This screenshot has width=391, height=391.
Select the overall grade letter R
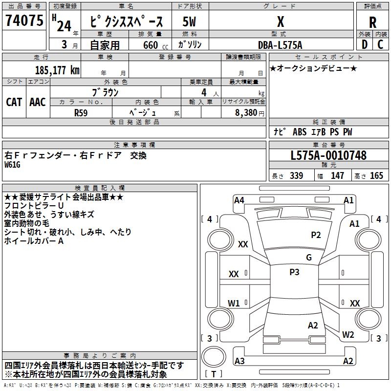[372, 22]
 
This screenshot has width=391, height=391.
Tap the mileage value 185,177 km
[57, 70]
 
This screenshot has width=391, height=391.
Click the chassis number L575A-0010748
[328, 156]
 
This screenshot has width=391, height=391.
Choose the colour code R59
[82, 112]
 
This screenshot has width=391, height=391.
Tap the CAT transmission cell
[14, 102]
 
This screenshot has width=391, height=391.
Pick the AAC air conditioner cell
[38, 102]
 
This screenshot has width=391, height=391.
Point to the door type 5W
[190, 22]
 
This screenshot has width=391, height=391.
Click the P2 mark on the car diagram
[316, 235]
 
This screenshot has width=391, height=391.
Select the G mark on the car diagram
[309, 258]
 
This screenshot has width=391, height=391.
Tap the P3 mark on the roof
[294, 272]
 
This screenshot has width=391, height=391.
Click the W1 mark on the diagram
[234, 303]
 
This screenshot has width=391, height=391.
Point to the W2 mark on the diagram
[348, 335]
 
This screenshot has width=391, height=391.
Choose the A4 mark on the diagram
[239, 200]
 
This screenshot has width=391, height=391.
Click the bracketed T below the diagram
[214, 374]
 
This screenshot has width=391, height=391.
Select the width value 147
[337, 176]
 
